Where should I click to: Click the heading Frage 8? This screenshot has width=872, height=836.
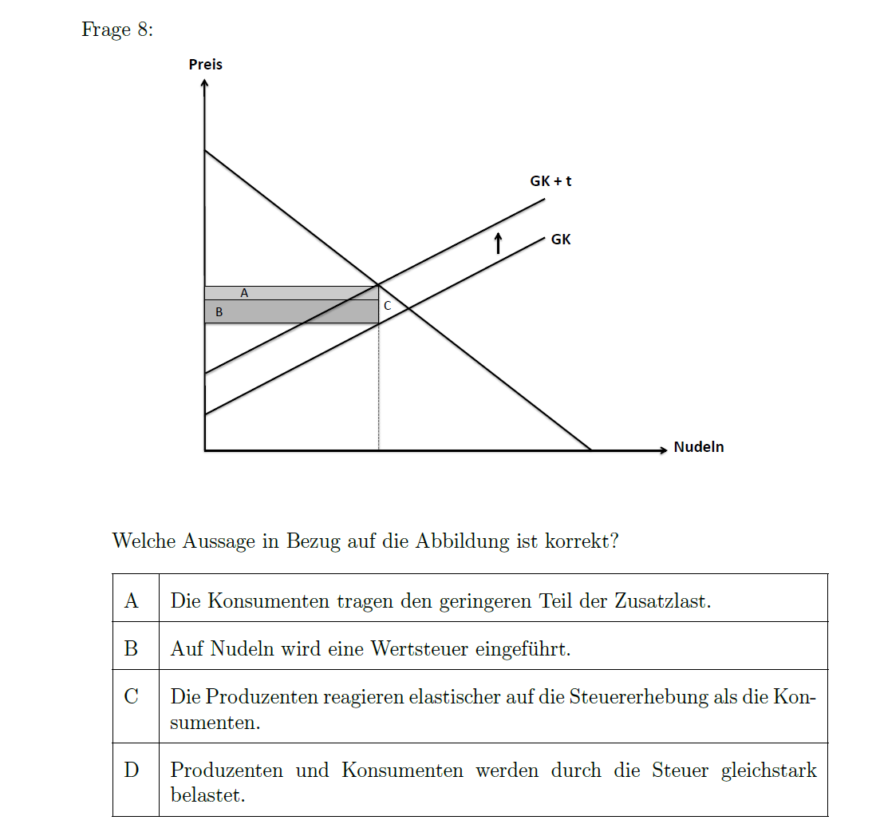click(x=116, y=30)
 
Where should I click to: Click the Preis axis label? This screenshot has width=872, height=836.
click(x=205, y=65)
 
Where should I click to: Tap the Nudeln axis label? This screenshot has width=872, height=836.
click(x=698, y=447)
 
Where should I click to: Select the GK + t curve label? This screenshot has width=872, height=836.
click(x=550, y=181)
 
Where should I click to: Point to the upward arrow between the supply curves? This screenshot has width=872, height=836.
click(x=498, y=243)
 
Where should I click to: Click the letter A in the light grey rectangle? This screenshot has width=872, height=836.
click(x=244, y=293)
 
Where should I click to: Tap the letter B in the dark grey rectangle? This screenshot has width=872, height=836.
click(x=219, y=313)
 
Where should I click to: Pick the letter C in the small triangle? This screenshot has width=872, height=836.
click(x=387, y=306)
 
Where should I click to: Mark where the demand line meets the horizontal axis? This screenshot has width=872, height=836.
click(x=591, y=450)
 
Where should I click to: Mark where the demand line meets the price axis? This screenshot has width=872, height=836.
click(x=205, y=150)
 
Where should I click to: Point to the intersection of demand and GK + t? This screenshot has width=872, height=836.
click(x=378, y=285)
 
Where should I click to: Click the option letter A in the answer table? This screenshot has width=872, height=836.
click(x=132, y=600)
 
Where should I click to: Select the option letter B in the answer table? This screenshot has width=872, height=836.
click(x=132, y=648)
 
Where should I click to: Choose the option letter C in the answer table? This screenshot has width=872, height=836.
click(x=132, y=696)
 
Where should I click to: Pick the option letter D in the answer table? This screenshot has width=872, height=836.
click(x=132, y=770)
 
